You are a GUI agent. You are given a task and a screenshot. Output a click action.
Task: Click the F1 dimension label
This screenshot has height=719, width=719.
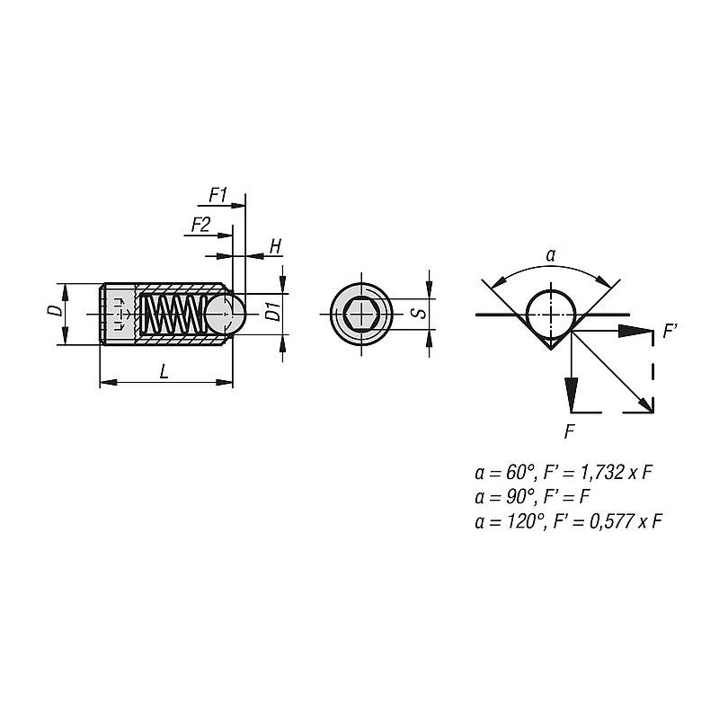(x=217, y=195)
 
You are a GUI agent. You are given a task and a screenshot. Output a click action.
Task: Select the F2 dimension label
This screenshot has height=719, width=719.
(x=200, y=226)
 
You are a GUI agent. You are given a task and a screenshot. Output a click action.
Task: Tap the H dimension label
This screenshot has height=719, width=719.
(x=275, y=246)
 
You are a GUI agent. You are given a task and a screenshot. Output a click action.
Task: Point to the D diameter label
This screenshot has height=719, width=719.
(x=56, y=310)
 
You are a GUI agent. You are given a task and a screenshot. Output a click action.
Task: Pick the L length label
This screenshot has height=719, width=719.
(x=164, y=372)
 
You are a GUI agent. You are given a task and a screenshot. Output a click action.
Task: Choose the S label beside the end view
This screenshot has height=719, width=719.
(x=418, y=314)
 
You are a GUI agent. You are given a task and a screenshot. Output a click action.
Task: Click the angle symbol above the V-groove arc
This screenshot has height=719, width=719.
(x=551, y=255)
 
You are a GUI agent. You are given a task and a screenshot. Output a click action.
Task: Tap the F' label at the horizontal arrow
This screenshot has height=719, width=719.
(x=670, y=331)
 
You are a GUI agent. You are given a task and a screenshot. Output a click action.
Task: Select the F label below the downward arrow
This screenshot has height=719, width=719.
(x=569, y=431)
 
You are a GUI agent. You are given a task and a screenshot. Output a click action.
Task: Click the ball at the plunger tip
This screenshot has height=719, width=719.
(x=226, y=314)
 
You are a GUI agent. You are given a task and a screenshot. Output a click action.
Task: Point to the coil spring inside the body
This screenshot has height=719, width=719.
(x=172, y=314)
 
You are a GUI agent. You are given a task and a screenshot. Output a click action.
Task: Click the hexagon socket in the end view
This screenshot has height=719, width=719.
(x=361, y=314)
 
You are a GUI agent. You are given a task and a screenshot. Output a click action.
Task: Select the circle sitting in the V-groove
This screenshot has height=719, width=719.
(x=551, y=314)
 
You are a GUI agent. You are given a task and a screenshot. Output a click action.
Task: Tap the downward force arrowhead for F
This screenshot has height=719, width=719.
(x=572, y=395)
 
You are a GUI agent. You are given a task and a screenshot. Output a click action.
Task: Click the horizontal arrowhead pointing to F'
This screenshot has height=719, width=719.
(x=635, y=331)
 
